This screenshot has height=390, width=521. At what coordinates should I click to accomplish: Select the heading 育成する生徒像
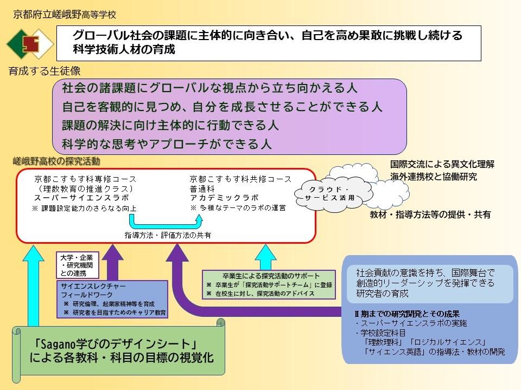(45, 71)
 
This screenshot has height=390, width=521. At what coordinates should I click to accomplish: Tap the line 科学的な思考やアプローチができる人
(167, 145)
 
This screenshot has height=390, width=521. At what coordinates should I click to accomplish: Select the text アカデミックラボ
(224, 198)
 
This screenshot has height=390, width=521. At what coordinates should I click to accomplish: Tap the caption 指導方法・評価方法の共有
(168, 235)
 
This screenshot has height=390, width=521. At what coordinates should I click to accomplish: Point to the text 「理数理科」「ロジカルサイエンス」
(425, 342)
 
